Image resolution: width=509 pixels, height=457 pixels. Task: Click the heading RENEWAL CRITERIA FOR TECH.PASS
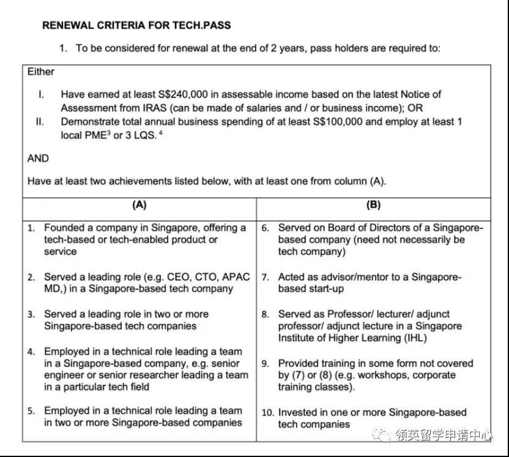pos(136,26)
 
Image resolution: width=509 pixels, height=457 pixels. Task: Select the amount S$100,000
pos(335,121)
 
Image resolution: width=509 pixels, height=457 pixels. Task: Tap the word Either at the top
pos(41,72)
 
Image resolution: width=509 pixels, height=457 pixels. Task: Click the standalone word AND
pos(39,158)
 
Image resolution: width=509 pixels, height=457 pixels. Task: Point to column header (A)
pos(139,205)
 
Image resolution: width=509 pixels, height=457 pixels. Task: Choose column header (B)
pos(373,205)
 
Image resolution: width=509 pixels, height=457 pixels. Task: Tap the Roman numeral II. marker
pos(40,121)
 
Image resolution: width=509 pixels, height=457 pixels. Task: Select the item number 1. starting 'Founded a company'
pos(31,228)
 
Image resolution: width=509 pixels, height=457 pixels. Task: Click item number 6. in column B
pos(266,228)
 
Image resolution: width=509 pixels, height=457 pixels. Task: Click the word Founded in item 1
pos(63,228)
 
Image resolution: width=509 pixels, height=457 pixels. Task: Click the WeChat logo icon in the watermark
pos(385,436)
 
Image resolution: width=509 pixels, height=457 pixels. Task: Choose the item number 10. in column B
pos(267,412)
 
